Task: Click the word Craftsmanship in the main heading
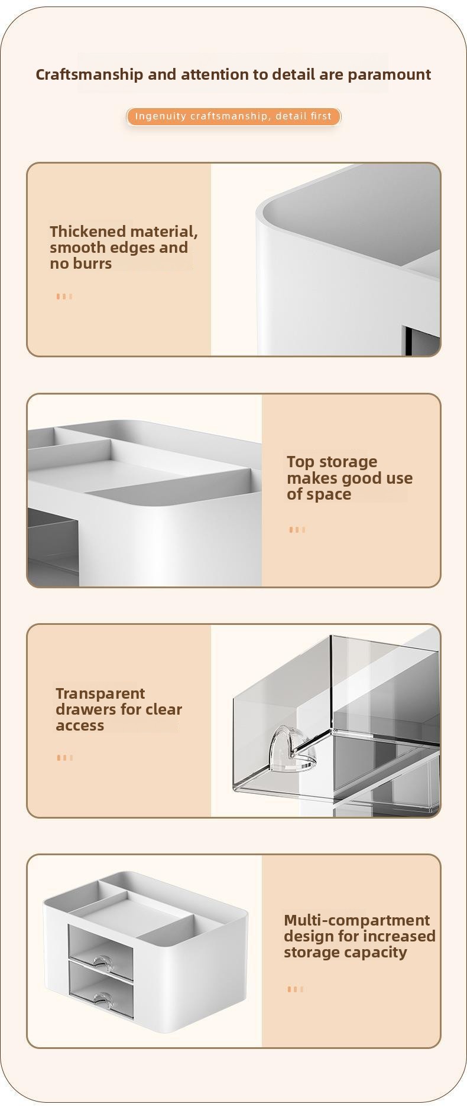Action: click(89, 75)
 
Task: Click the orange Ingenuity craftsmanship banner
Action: click(234, 116)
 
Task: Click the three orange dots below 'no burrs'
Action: click(64, 297)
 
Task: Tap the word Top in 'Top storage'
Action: click(300, 462)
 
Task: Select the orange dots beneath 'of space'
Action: click(297, 530)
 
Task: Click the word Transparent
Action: click(100, 693)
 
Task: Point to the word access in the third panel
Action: click(80, 726)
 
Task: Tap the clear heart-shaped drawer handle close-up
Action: click(293, 749)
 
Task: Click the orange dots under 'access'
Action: click(65, 758)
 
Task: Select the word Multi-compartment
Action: click(357, 920)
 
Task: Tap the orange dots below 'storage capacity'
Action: click(296, 989)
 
